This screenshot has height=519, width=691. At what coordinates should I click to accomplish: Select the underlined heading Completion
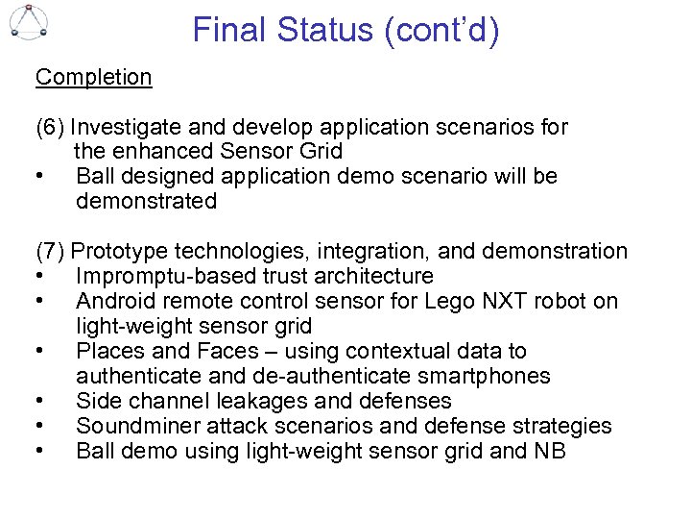pos(93,77)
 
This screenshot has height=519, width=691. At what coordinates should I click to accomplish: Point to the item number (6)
pos(50,127)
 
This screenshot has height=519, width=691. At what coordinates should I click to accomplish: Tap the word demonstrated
pos(146,202)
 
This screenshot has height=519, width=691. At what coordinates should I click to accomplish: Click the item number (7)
pos(50,252)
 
